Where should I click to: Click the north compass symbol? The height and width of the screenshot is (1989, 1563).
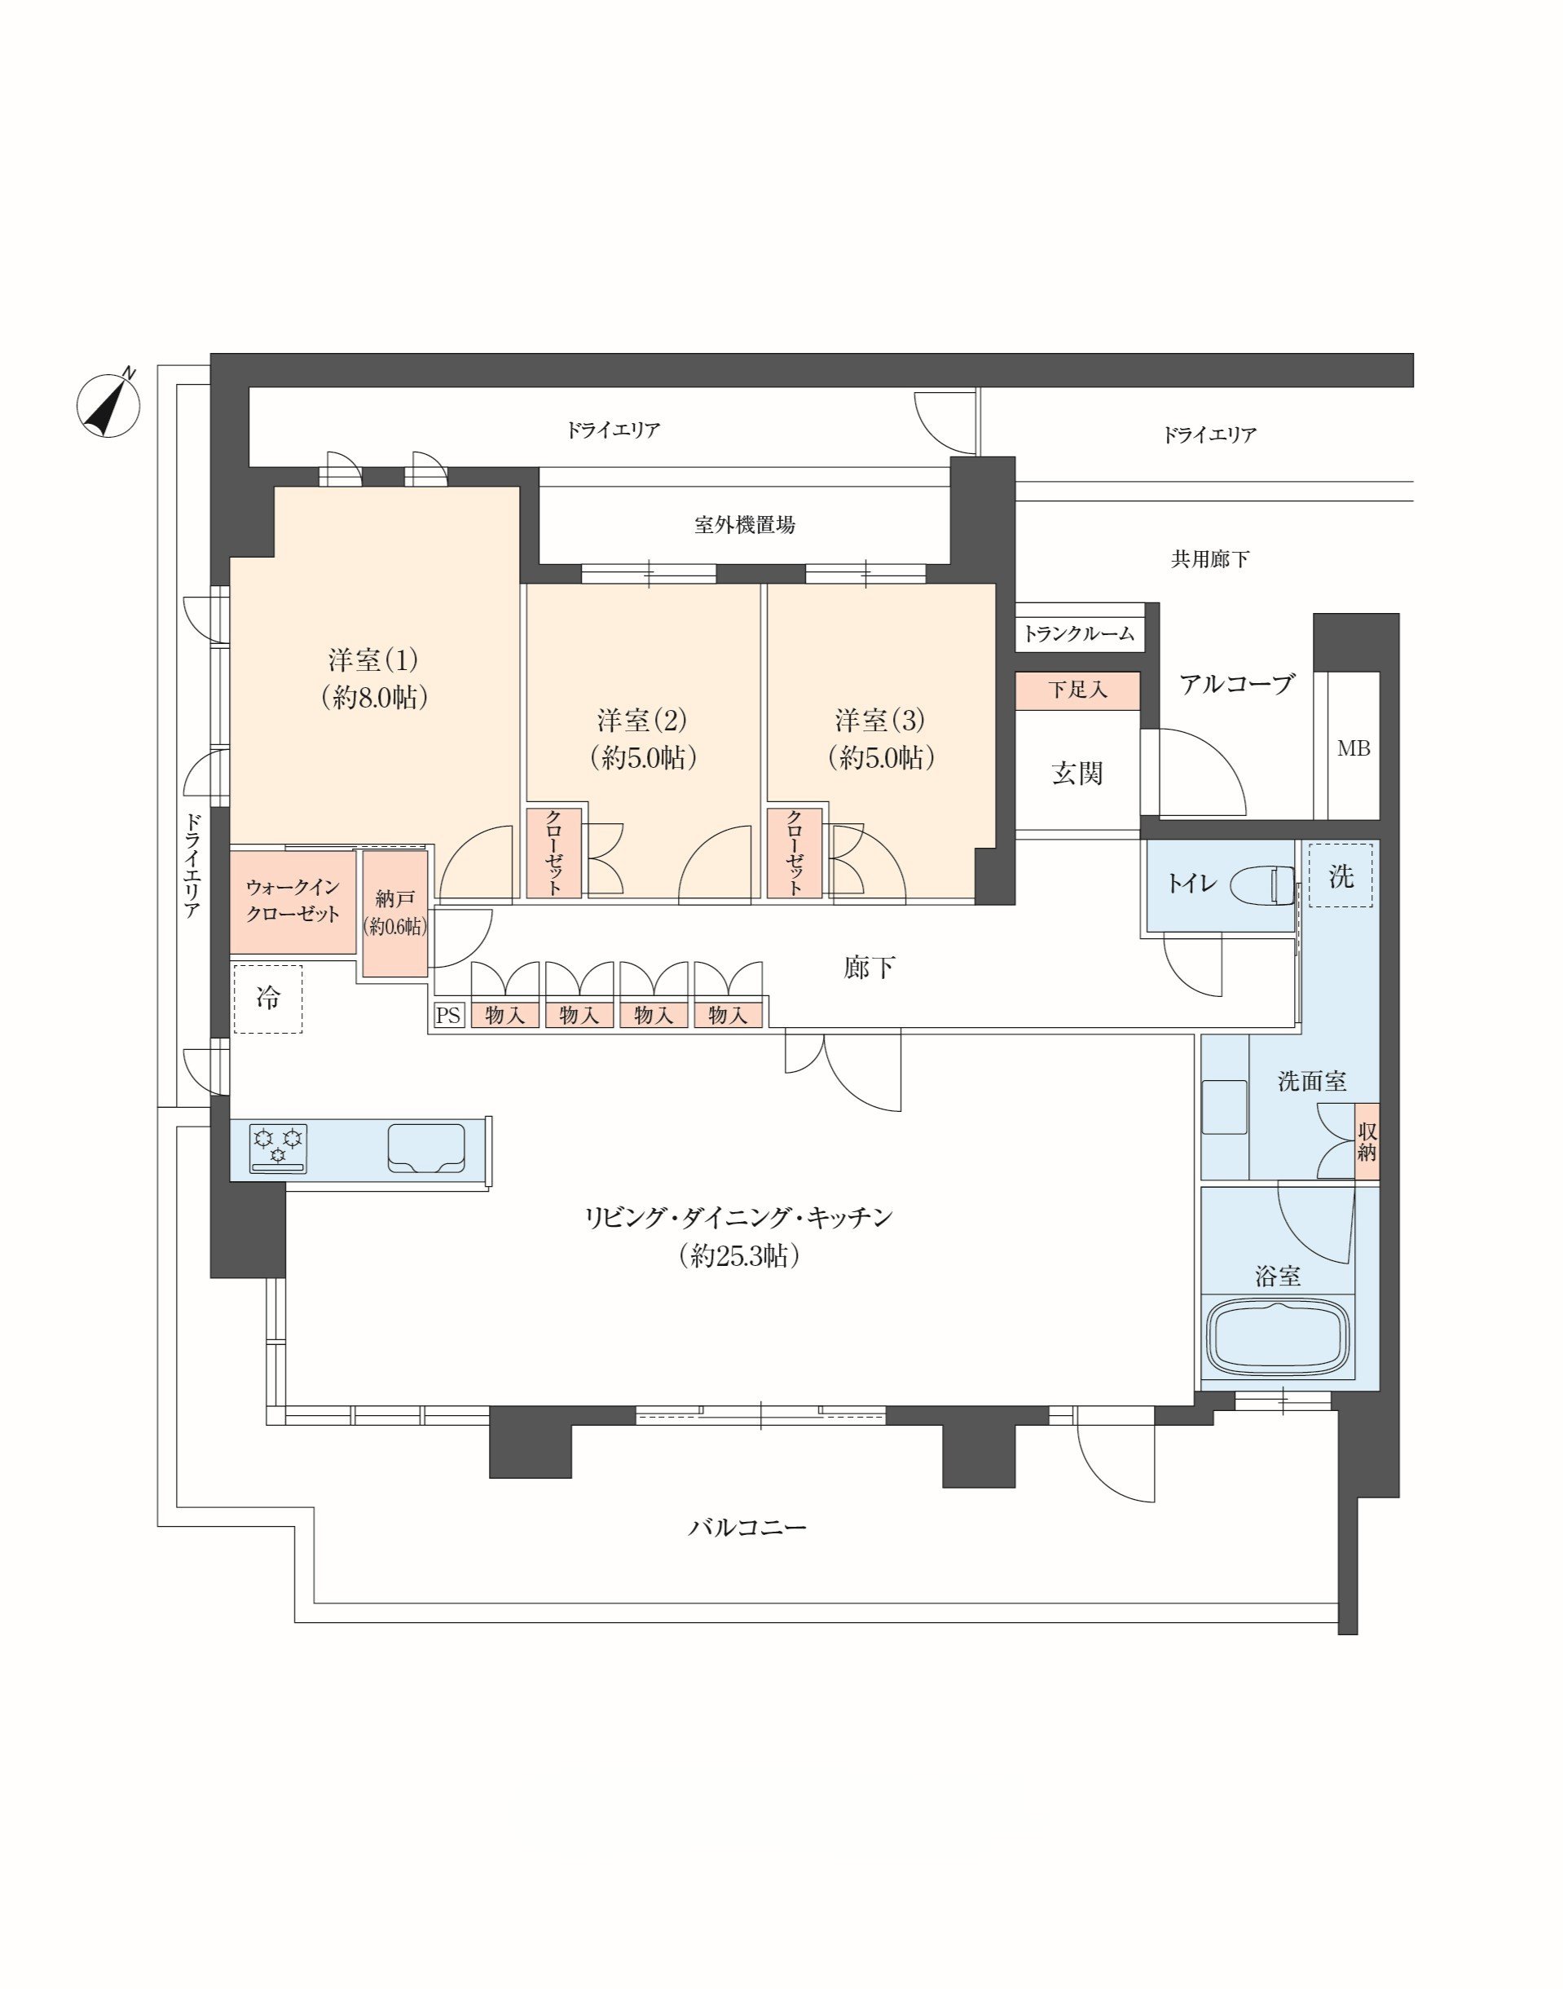pyautogui.click(x=109, y=404)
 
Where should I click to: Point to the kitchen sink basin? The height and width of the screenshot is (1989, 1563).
pyautogui.click(x=426, y=1148)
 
